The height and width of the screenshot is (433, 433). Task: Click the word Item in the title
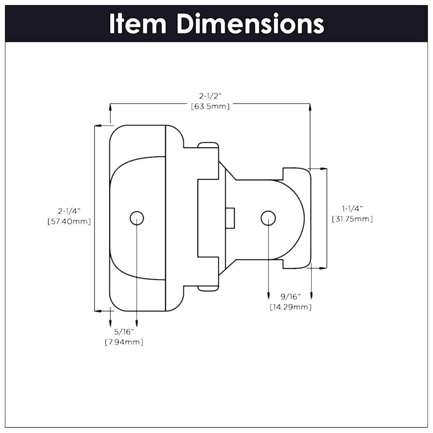(x=138, y=24)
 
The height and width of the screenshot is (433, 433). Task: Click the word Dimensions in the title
(x=250, y=24)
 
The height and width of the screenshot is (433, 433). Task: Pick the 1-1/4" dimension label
(x=352, y=208)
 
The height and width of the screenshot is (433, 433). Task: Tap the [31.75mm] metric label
(x=352, y=218)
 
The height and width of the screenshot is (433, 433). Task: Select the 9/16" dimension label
(x=291, y=297)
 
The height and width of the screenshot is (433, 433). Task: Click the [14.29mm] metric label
(x=291, y=307)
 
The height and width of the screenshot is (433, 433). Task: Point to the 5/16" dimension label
(x=124, y=332)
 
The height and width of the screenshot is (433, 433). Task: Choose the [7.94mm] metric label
(x=124, y=342)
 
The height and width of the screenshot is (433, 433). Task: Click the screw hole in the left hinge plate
(x=137, y=218)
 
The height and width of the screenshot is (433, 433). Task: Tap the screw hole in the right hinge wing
(x=268, y=218)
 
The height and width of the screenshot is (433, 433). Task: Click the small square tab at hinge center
(x=230, y=218)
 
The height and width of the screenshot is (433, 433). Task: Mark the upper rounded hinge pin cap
(x=208, y=144)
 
